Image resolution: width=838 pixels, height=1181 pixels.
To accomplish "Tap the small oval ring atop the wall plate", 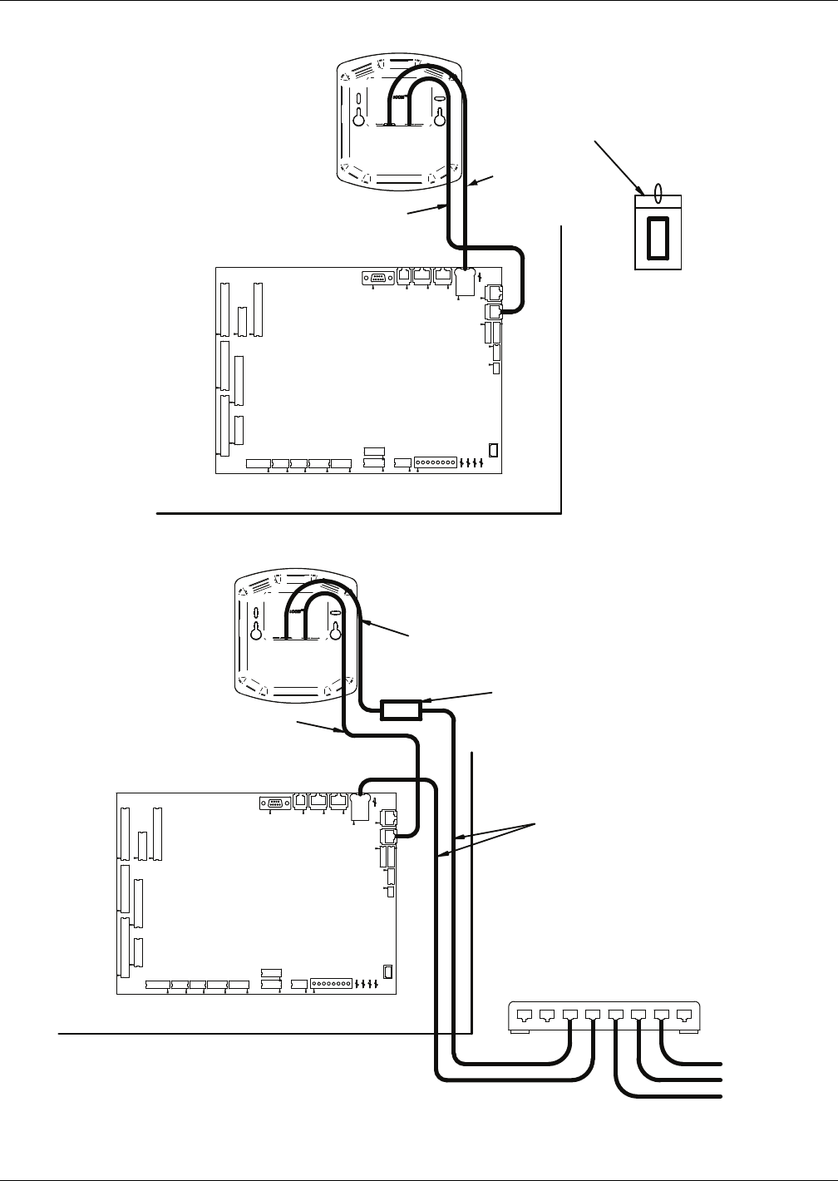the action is click(x=658, y=193).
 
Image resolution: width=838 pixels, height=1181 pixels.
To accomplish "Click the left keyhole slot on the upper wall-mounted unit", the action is click(x=359, y=117).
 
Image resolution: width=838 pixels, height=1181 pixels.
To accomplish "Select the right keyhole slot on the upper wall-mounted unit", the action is click(x=440, y=117).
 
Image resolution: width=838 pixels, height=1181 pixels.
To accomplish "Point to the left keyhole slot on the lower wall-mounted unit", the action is click(x=256, y=630).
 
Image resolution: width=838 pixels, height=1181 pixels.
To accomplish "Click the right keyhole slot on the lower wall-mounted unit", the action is click(x=335, y=630).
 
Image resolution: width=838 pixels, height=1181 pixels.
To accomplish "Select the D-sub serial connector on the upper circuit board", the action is click(x=375, y=278).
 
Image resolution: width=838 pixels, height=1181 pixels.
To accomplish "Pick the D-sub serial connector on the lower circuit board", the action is click(x=273, y=803).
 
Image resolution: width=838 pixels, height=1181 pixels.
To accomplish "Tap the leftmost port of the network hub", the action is click(x=525, y=1015).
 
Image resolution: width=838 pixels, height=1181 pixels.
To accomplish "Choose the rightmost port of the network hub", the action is click(x=683, y=1015).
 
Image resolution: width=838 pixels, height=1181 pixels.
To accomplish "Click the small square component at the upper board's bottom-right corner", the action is click(x=493, y=451).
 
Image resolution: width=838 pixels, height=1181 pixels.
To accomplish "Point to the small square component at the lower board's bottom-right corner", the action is click(x=387, y=971).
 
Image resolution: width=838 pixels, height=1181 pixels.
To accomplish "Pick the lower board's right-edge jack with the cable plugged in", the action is click(x=387, y=836).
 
